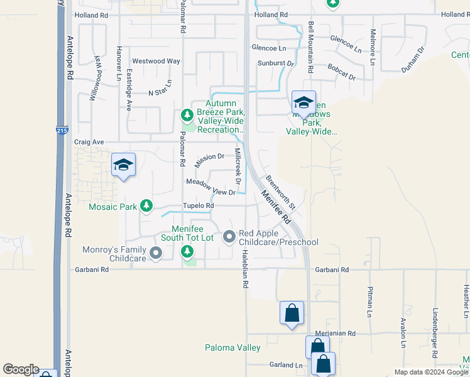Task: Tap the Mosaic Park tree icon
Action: [x=146, y=205]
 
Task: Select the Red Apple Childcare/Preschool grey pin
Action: [x=229, y=237]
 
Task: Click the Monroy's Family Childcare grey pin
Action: [x=155, y=254]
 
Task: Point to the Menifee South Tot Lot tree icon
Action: [x=187, y=252]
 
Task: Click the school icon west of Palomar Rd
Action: [x=123, y=165]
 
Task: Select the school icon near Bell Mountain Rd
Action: [x=303, y=102]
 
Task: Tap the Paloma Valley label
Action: [x=232, y=347]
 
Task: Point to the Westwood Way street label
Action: [x=156, y=61]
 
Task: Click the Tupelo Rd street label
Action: [x=199, y=205]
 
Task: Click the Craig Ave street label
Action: [x=89, y=142]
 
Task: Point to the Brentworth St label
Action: [x=281, y=192]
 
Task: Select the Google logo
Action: [x=21, y=369]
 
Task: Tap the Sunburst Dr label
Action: [x=276, y=63]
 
